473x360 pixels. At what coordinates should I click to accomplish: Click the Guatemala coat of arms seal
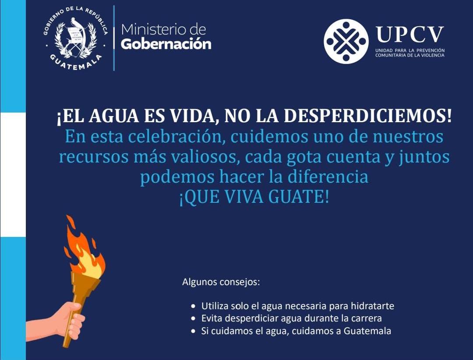click(75, 39)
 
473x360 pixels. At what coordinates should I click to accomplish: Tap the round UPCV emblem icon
click(346, 41)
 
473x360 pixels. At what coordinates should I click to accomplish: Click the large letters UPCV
click(410, 34)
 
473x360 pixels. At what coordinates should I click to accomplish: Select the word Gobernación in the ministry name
click(166, 44)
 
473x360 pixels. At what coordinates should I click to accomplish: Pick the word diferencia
click(328, 176)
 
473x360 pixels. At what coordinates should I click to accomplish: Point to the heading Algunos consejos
click(221, 282)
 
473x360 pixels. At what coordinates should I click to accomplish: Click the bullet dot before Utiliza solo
click(194, 306)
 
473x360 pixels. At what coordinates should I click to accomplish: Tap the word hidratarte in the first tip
click(373, 306)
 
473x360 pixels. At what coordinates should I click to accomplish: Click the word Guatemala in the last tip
click(367, 331)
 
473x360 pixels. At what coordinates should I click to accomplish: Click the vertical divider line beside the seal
click(114, 38)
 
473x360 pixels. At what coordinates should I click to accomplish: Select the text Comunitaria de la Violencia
click(409, 55)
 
